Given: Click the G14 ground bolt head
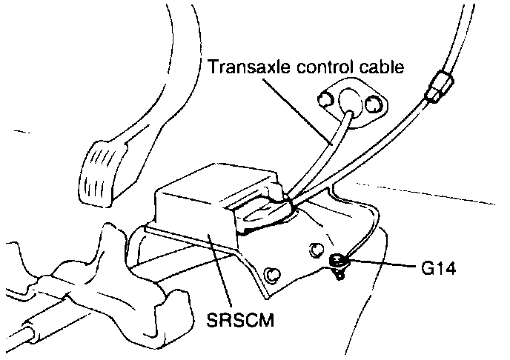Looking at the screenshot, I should click(x=338, y=261).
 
